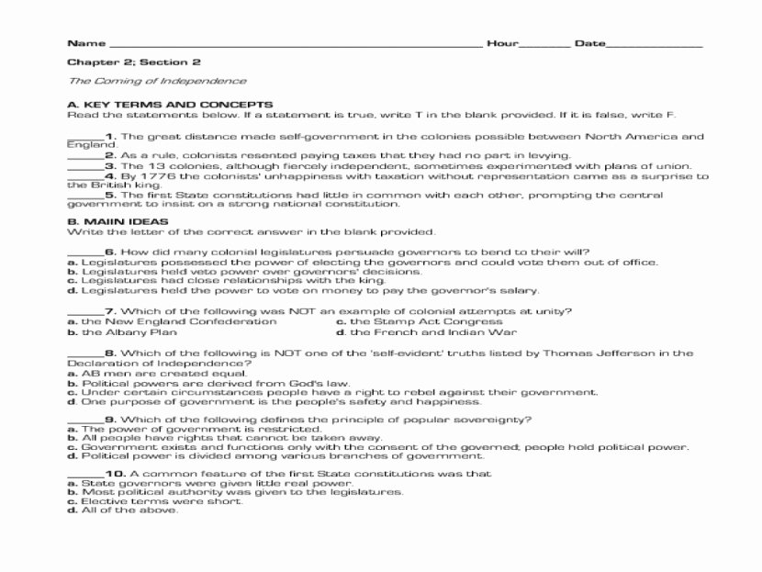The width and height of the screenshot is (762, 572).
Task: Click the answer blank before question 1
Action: [84, 137]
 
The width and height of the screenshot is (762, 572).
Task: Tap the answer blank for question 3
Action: [84, 165]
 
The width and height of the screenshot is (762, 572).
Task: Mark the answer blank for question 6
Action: [84, 252]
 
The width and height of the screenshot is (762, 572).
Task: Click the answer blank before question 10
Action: [84, 474]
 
